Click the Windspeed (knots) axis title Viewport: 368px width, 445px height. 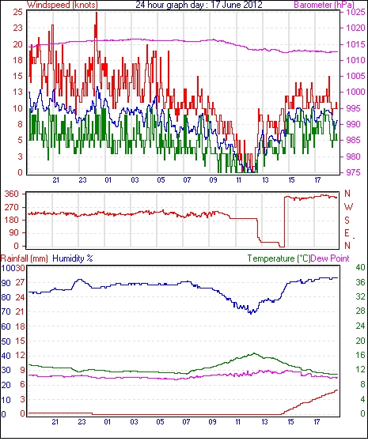[63, 5]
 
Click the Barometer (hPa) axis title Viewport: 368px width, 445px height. [324, 5]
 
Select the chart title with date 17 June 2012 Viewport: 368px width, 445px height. [199, 5]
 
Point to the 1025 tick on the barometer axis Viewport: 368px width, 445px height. [355, 12]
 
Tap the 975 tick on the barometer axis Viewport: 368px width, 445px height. [355, 172]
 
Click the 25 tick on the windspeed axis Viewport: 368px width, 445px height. [17, 12]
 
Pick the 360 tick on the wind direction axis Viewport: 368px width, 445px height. [11, 194]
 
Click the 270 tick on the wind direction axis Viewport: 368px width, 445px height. [11, 207]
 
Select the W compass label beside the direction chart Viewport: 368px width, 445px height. [348, 207]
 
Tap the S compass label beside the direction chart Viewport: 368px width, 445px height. [347, 220]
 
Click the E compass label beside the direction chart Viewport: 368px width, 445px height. [347, 233]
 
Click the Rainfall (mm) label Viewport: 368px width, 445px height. [25, 258]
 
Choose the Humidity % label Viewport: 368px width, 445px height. [73, 258]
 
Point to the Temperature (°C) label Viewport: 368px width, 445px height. [279, 258]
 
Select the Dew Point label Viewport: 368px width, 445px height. [330, 258]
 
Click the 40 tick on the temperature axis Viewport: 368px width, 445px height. [360, 268]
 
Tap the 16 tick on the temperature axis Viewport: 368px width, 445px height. [360, 355]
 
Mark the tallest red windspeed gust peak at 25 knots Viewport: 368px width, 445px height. [97, 13]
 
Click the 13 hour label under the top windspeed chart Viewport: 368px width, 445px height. [265, 180]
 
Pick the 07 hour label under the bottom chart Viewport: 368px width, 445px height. [186, 422]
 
